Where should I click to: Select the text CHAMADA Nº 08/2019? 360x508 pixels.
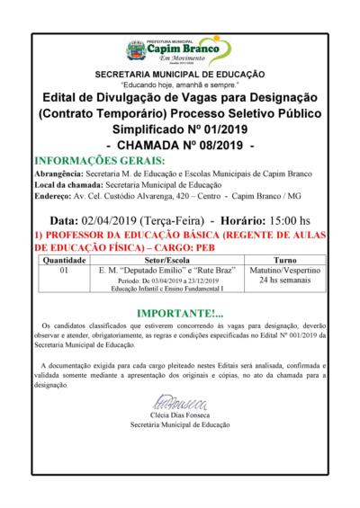(x=180, y=145)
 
